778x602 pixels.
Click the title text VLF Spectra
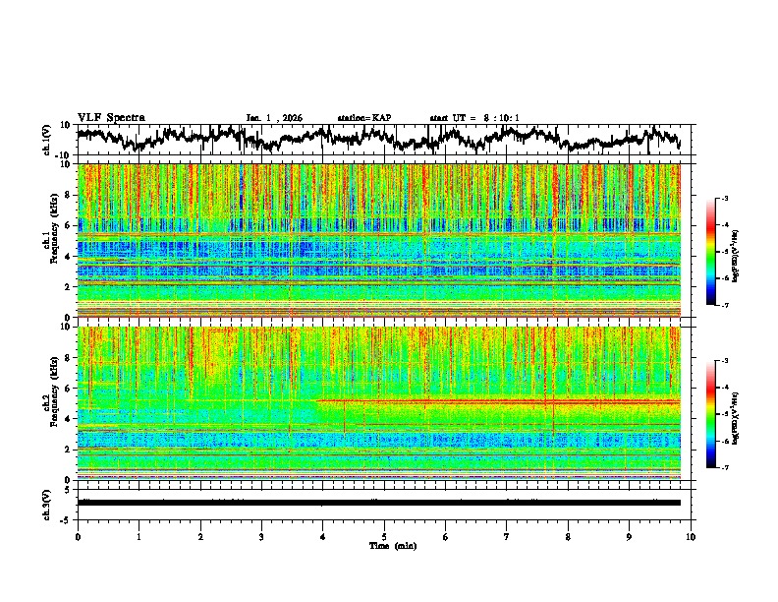pos(111,117)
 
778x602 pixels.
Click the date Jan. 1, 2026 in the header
pos(276,118)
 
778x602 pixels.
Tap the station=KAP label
pos(363,118)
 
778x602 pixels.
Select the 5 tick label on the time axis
pos(384,536)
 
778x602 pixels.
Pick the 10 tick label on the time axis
pos(691,536)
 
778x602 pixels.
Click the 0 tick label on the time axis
pos(78,536)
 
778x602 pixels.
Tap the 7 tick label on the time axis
pos(507,536)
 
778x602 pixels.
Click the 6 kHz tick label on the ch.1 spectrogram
pos(69,226)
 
